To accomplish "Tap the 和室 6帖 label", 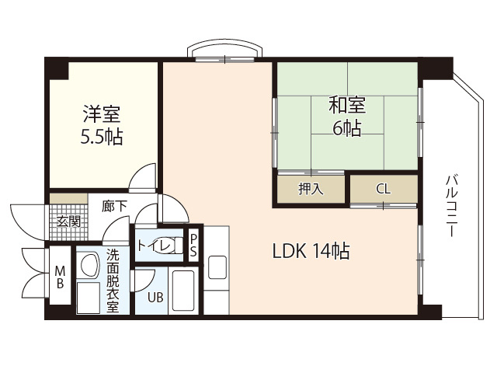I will tap(347, 116).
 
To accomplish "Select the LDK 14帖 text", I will tap(311, 251).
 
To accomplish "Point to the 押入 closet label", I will tap(311, 189).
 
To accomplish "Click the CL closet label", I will tap(384, 189).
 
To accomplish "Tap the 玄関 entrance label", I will tap(68, 221).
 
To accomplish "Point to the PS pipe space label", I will tap(193, 245).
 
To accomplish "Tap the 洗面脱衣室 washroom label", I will tap(113, 280).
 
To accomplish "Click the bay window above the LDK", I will tap(224, 51).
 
